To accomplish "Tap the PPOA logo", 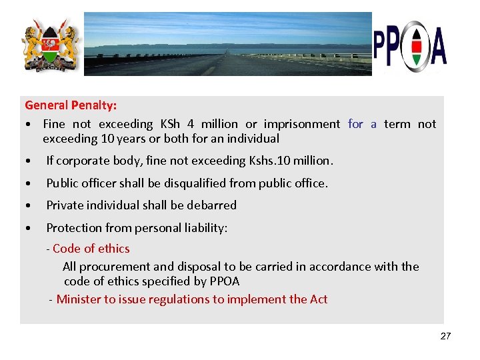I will tap(410, 46).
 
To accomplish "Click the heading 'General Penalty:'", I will tap(71, 105).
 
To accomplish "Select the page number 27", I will tap(445, 336).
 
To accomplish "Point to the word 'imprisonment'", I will tap(301, 124).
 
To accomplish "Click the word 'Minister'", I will tap(79, 299).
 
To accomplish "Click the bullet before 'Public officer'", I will tap(28, 183).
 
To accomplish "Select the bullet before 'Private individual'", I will tap(28, 205).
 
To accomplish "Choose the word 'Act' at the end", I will tap(318, 299).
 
